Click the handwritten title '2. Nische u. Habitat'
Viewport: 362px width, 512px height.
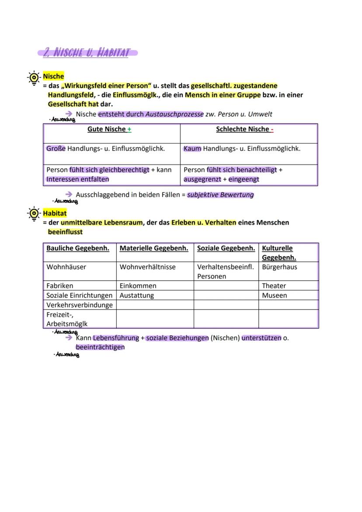pos(87,53)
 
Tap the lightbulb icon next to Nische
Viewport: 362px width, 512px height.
pos(33,78)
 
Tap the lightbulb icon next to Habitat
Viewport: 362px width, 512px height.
pos(33,214)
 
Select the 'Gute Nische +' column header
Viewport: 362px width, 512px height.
pos(109,129)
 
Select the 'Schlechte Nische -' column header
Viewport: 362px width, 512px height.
pos(245,129)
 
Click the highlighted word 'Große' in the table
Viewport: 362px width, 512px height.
pos(56,149)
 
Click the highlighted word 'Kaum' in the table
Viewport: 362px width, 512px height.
pos(192,149)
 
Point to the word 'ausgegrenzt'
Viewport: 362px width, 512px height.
pos(202,179)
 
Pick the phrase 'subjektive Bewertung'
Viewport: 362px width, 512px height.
pos(220,195)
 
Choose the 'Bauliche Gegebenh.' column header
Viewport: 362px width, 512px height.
pos(78,248)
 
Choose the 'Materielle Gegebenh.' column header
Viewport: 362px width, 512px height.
pos(154,248)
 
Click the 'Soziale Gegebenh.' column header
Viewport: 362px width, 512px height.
pos(226,248)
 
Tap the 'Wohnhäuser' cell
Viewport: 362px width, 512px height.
pos(66,267)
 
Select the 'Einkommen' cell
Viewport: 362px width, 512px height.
pos(138,286)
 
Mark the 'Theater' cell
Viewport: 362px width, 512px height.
pos(274,286)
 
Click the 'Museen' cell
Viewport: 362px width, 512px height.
pos(275,296)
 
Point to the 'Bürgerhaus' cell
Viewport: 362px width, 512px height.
pos(279,267)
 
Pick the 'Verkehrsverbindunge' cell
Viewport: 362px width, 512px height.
pos(80,305)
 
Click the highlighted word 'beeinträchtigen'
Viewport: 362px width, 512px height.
pos(100,347)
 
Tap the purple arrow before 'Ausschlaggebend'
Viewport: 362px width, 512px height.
pos(69,195)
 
